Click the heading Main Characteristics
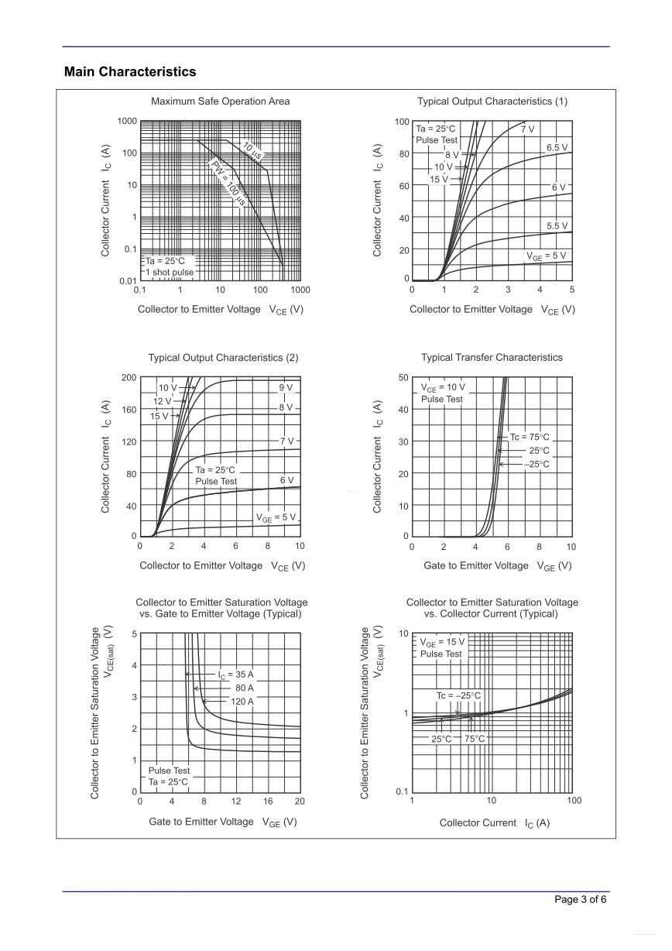[130, 72]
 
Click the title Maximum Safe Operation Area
[221, 101]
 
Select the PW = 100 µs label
[228, 183]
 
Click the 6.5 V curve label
[557, 147]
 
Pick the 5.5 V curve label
[557, 226]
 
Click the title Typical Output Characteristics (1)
[492, 101]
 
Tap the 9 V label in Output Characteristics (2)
[286, 387]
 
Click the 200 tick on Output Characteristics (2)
[129, 377]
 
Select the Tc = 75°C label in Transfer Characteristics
[529, 438]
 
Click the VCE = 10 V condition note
[443, 387]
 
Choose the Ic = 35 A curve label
[235, 675]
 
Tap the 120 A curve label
[242, 702]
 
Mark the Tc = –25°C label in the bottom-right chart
[458, 696]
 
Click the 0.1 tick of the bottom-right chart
[400, 792]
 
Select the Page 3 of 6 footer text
[581, 899]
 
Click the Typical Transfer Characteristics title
[492, 358]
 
